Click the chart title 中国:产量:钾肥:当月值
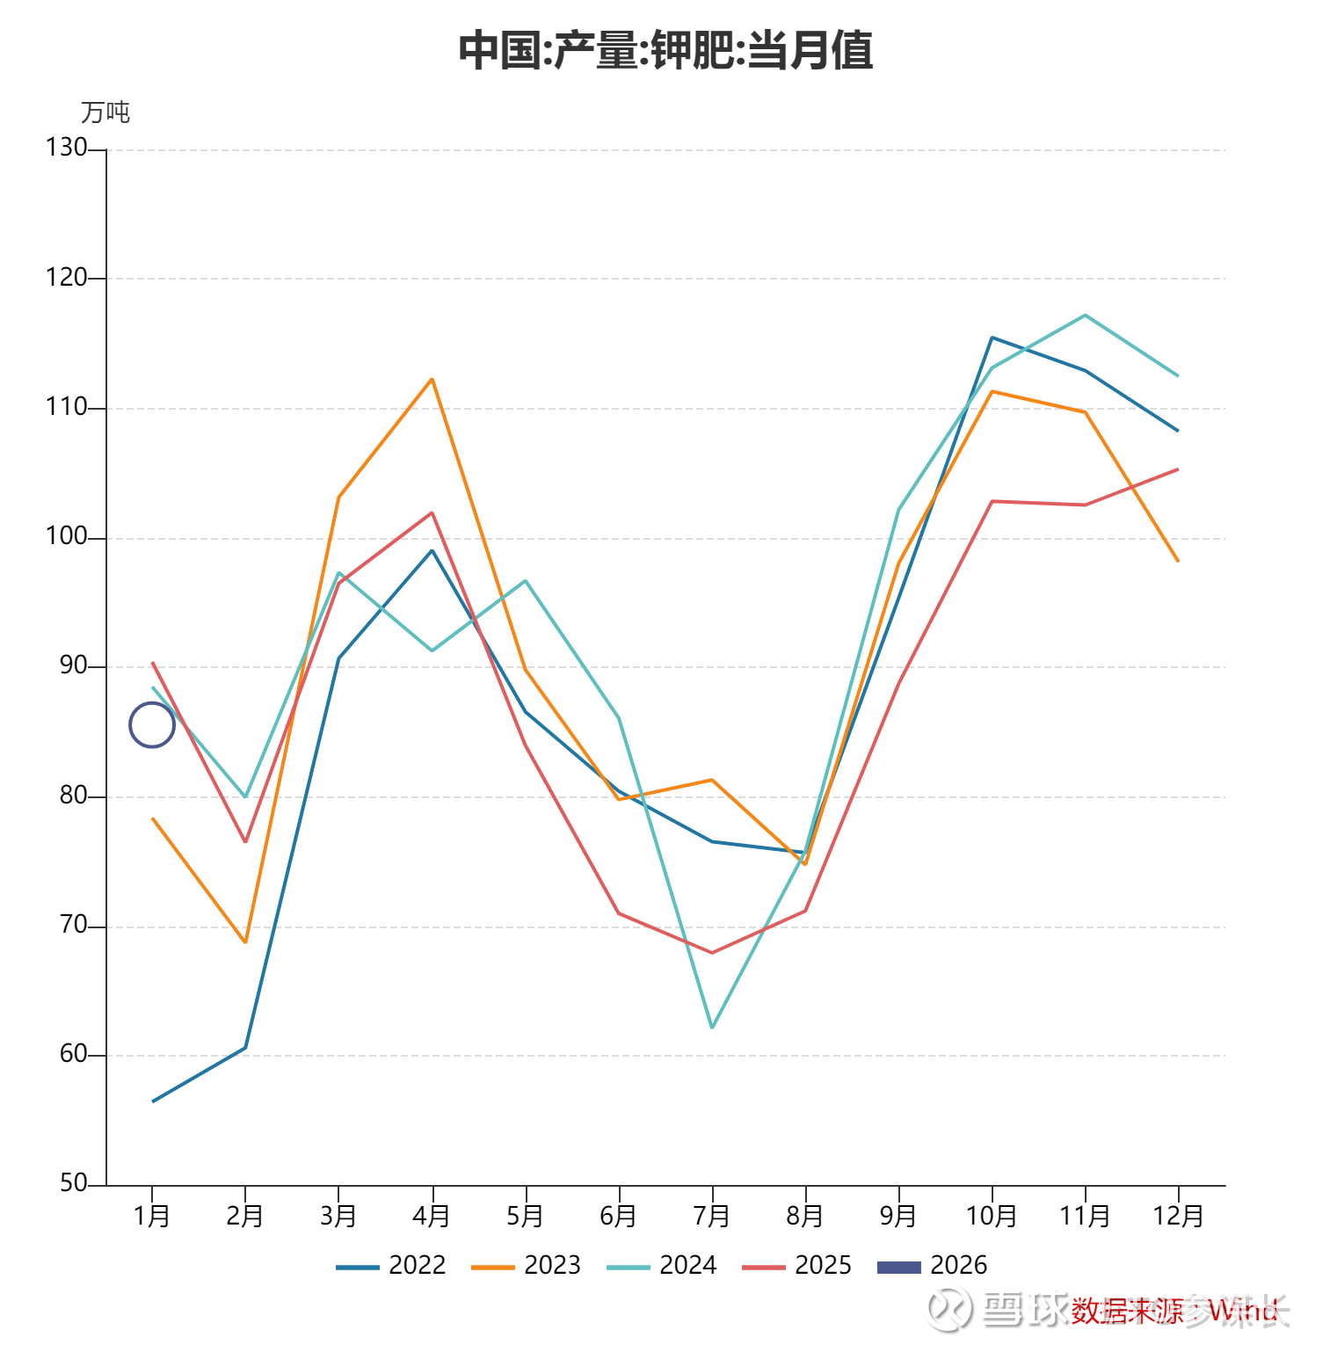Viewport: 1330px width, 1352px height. coord(665,50)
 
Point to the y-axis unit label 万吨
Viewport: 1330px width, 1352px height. coord(105,113)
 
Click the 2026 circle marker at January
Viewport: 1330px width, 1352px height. coord(152,725)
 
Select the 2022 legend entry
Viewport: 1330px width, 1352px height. coord(391,1266)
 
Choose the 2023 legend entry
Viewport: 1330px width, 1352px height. coord(527,1266)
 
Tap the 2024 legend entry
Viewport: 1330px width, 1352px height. coord(662,1266)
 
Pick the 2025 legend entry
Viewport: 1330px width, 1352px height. coord(797,1266)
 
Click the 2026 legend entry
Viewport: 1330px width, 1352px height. coord(933,1266)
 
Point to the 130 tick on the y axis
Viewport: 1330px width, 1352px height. coord(67,148)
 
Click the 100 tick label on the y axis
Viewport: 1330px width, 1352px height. coord(67,536)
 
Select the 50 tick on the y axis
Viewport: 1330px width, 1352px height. coord(74,1183)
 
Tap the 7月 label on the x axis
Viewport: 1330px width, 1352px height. coord(711,1217)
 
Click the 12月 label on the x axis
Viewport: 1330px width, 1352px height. coord(1178,1217)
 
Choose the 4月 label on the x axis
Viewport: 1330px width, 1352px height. coord(432,1217)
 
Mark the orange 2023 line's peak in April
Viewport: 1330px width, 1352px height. coord(432,379)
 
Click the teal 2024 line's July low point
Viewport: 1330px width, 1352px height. coord(712,1027)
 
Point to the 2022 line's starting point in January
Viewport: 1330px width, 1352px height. coord(153,1101)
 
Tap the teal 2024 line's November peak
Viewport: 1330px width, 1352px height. coord(1086,315)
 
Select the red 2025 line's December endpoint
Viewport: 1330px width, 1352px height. coord(1178,469)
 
